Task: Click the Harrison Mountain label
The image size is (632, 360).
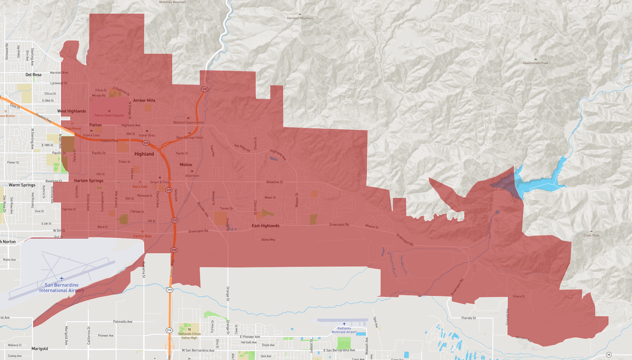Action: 300,18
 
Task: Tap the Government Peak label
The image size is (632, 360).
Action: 535,63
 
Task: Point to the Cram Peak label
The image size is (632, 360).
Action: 591,235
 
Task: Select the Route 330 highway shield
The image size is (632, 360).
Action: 204,89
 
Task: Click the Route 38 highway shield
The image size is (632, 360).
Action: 608,355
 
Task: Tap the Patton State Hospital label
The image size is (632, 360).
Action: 109,115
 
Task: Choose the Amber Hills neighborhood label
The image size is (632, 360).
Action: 144,100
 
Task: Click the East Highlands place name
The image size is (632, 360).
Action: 265,226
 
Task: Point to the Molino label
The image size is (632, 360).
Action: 186,165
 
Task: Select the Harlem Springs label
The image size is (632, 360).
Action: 88,181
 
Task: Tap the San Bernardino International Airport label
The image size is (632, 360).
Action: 62,288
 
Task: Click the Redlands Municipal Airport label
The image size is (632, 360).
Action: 344,330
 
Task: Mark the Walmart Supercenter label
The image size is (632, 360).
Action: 188,122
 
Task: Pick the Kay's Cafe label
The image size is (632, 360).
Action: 140,187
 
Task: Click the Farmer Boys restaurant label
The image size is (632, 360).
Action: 142,236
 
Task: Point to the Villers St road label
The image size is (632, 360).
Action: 518,296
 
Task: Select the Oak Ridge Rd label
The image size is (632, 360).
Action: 242,148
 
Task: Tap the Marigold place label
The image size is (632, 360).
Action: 40,349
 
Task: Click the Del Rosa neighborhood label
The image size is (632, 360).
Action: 33,75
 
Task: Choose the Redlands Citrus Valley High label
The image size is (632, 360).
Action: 189,336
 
